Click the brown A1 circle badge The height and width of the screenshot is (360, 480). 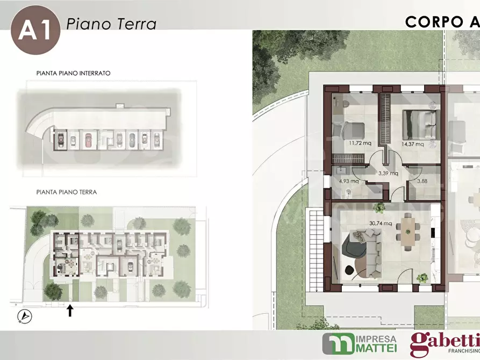(35, 30)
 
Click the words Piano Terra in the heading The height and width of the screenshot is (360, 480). (111, 24)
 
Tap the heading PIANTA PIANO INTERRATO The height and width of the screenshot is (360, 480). (74, 73)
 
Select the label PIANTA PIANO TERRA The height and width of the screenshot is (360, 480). (67, 192)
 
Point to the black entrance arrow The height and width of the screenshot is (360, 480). (70, 310)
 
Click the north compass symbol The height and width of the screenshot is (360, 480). (25, 316)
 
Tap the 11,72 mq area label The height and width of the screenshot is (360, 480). (360, 143)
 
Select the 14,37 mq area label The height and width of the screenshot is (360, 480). (413, 144)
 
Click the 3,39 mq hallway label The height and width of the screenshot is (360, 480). (388, 173)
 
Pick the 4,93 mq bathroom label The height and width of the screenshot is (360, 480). (349, 181)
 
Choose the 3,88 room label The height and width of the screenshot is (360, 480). (422, 181)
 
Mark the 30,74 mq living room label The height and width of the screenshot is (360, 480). (381, 223)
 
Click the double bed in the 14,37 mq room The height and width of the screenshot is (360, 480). (419, 125)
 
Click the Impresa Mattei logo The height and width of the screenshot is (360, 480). (360, 343)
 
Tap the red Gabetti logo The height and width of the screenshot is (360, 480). (445, 344)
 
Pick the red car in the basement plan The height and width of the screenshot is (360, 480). (89, 140)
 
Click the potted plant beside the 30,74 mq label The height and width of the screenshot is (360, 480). (379, 208)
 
